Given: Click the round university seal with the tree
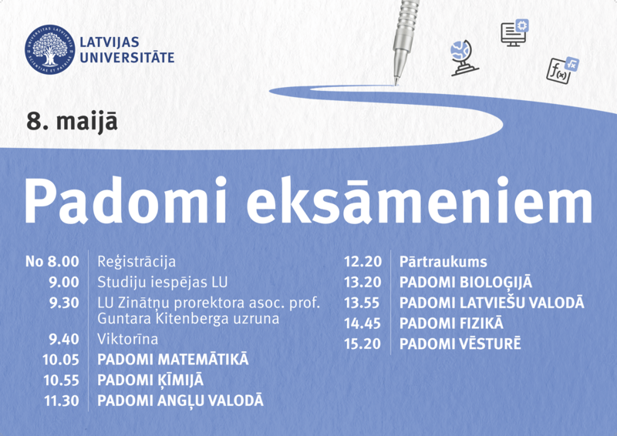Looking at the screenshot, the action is (50, 49).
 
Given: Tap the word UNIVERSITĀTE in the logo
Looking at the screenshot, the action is (127, 58).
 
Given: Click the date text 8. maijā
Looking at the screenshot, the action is (72, 121).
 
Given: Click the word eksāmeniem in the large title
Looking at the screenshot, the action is (420, 201).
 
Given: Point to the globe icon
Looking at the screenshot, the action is (464, 58).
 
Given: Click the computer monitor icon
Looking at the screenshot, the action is (514, 32).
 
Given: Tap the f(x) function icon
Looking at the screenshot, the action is (562, 70).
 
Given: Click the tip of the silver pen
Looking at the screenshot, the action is (396, 83).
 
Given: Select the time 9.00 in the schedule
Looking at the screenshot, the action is (64, 282).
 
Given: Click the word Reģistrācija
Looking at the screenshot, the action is (137, 262).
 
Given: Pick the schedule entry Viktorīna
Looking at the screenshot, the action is (127, 339).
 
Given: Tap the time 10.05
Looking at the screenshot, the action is (61, 360).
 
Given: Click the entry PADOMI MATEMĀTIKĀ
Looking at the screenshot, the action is (173, 359).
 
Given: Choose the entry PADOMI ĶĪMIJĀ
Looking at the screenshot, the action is (150, 381).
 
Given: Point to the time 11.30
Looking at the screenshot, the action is (62, 401).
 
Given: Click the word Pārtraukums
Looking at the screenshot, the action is (443, 262).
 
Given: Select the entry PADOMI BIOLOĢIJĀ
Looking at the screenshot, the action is (466, 283).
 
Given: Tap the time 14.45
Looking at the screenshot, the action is (362, 324).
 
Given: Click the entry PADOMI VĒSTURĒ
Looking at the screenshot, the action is (460, 344).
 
